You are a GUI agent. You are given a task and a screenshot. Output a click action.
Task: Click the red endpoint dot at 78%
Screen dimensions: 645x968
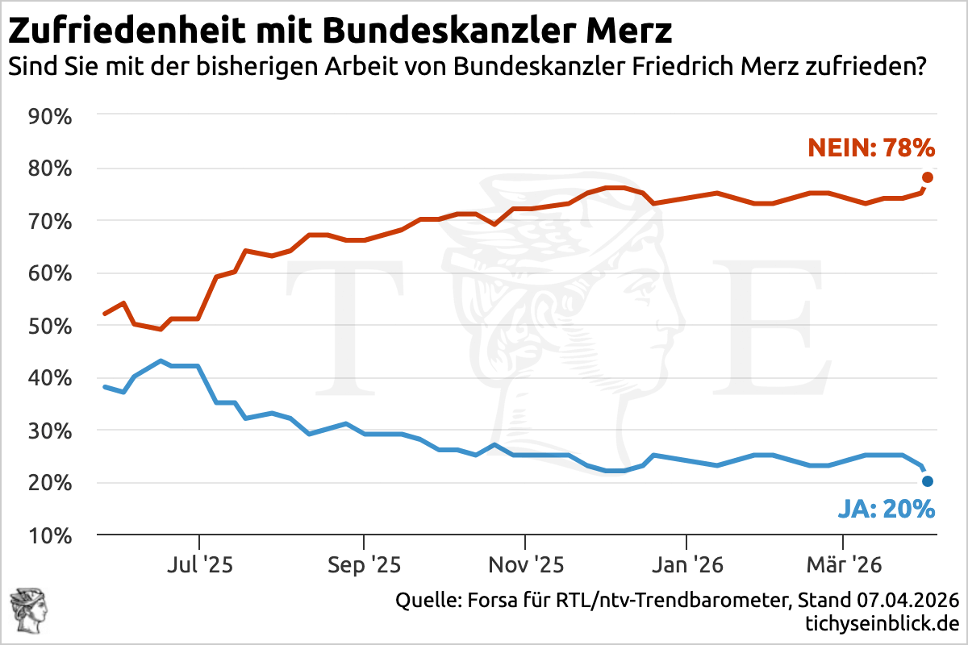tap(928, 177)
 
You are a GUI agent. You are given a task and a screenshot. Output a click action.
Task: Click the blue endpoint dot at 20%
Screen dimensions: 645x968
tap(928, 481)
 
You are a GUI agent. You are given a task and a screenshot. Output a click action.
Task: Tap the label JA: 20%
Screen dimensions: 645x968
tap(886, 510)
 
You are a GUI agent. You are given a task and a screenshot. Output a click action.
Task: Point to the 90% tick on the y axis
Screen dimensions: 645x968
tap(51, 117)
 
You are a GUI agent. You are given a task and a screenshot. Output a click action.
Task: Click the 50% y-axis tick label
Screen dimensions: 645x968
tap(51, 327)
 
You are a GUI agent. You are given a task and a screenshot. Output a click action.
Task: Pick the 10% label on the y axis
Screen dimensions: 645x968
tap(51, 536)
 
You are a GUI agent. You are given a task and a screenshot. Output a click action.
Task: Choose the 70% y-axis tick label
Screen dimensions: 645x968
tap(51, 222)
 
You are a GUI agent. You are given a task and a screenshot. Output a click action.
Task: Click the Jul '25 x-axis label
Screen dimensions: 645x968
tap(199, 565)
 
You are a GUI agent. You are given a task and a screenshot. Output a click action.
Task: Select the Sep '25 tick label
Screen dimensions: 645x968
tap(364, 565)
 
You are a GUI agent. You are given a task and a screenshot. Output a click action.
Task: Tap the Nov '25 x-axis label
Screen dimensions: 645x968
tap(525, 565)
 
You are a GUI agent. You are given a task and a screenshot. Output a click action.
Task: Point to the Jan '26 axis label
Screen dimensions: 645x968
tap(686, 565)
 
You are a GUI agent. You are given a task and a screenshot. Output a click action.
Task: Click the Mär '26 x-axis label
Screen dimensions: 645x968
tap(843, 565)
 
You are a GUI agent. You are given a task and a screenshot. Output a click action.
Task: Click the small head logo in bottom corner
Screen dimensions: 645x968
tap(28, 610)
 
